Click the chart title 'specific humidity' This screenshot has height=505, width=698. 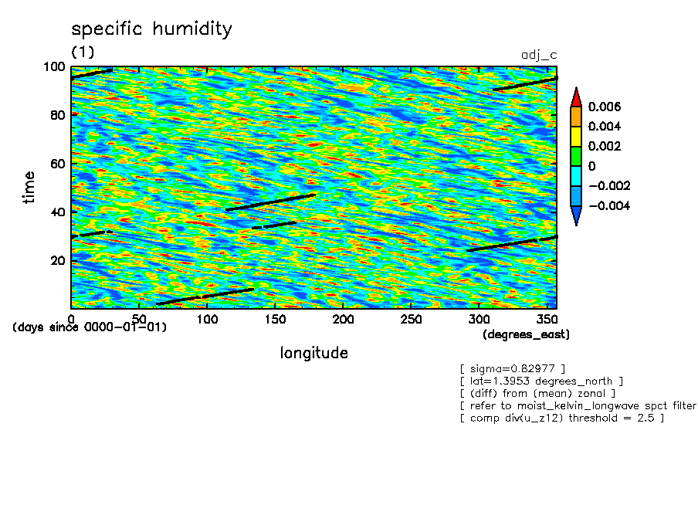[x=151, y=29]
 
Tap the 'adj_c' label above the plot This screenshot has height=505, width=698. [x=540, y=56]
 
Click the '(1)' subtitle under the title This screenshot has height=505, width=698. [x=83, y=52]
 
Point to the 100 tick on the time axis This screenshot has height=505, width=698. [x=59, y=67]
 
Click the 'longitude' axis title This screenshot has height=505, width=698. [x=313, y=353]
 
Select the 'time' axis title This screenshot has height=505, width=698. [x=29, y=187]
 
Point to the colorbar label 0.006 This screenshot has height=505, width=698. [x=605, y=106]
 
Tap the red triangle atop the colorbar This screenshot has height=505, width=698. [x=576, y=97]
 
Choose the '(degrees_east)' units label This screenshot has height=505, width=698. [x=526, y=334]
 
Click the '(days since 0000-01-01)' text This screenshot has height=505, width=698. [x=90, y=327]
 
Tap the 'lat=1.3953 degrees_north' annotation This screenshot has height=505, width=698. [x=540, y=381]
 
